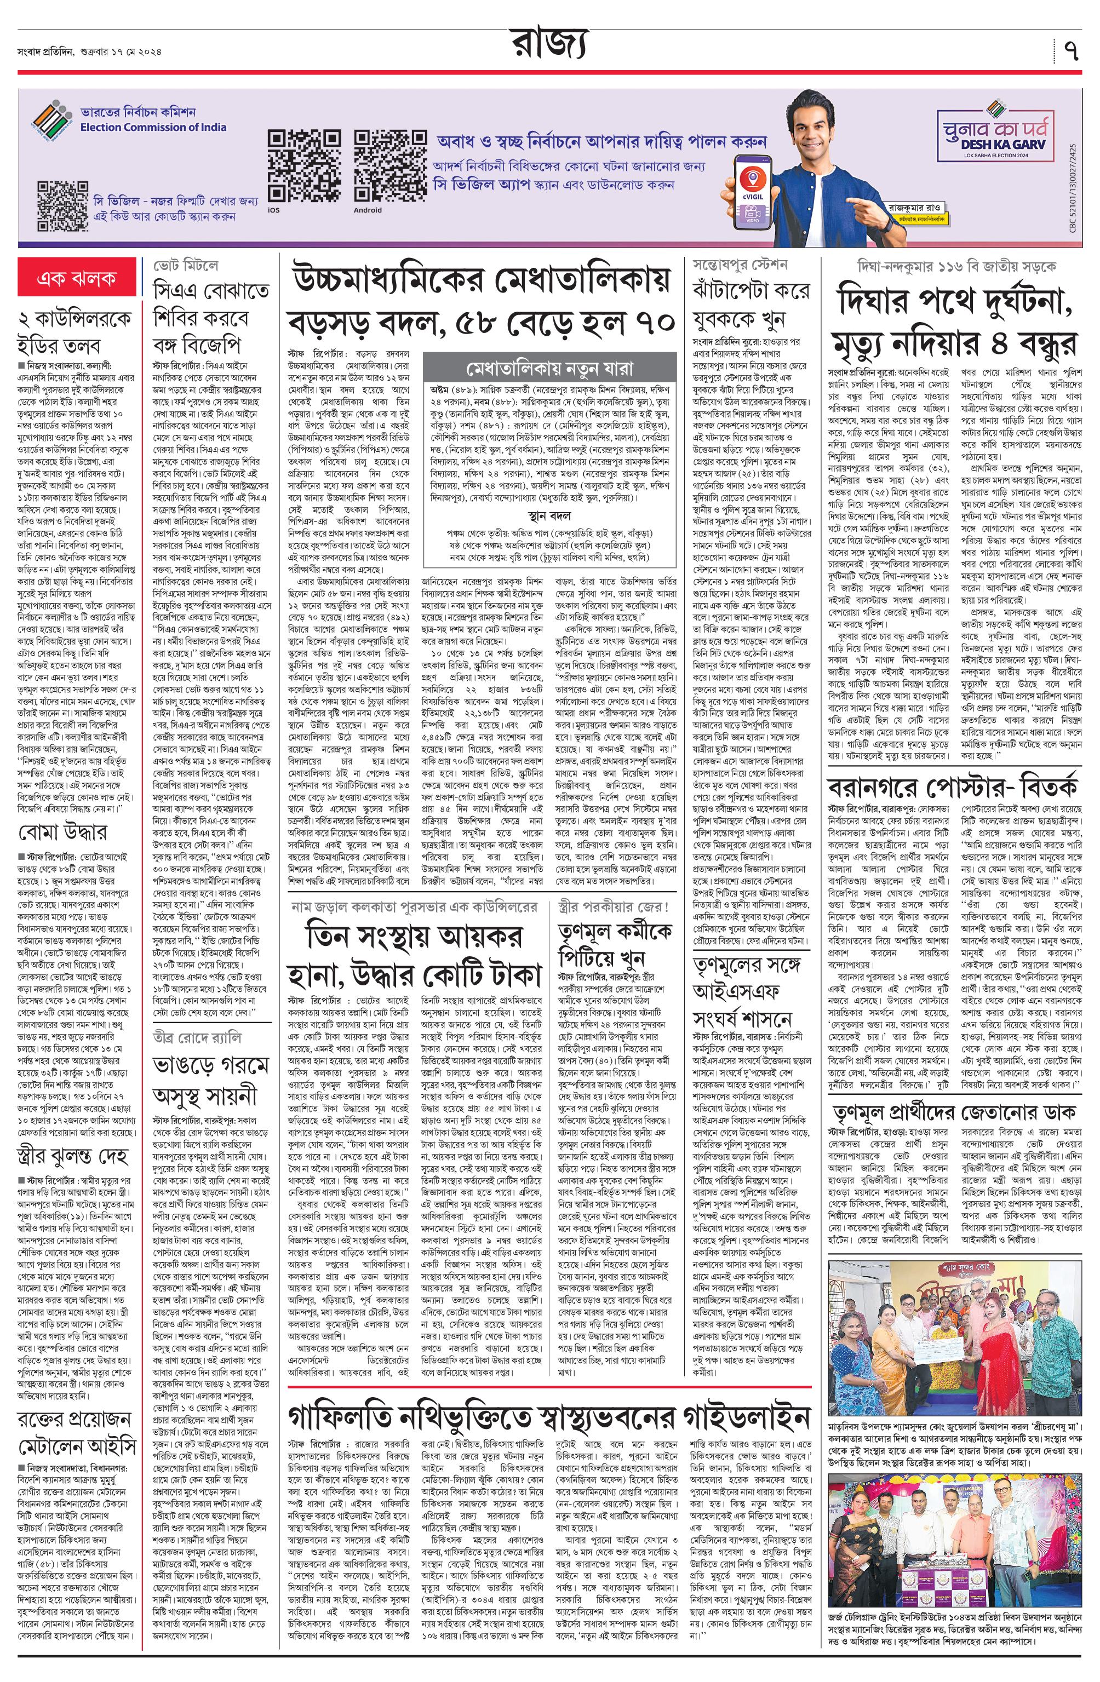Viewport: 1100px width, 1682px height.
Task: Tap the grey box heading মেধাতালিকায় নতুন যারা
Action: (548, 369)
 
